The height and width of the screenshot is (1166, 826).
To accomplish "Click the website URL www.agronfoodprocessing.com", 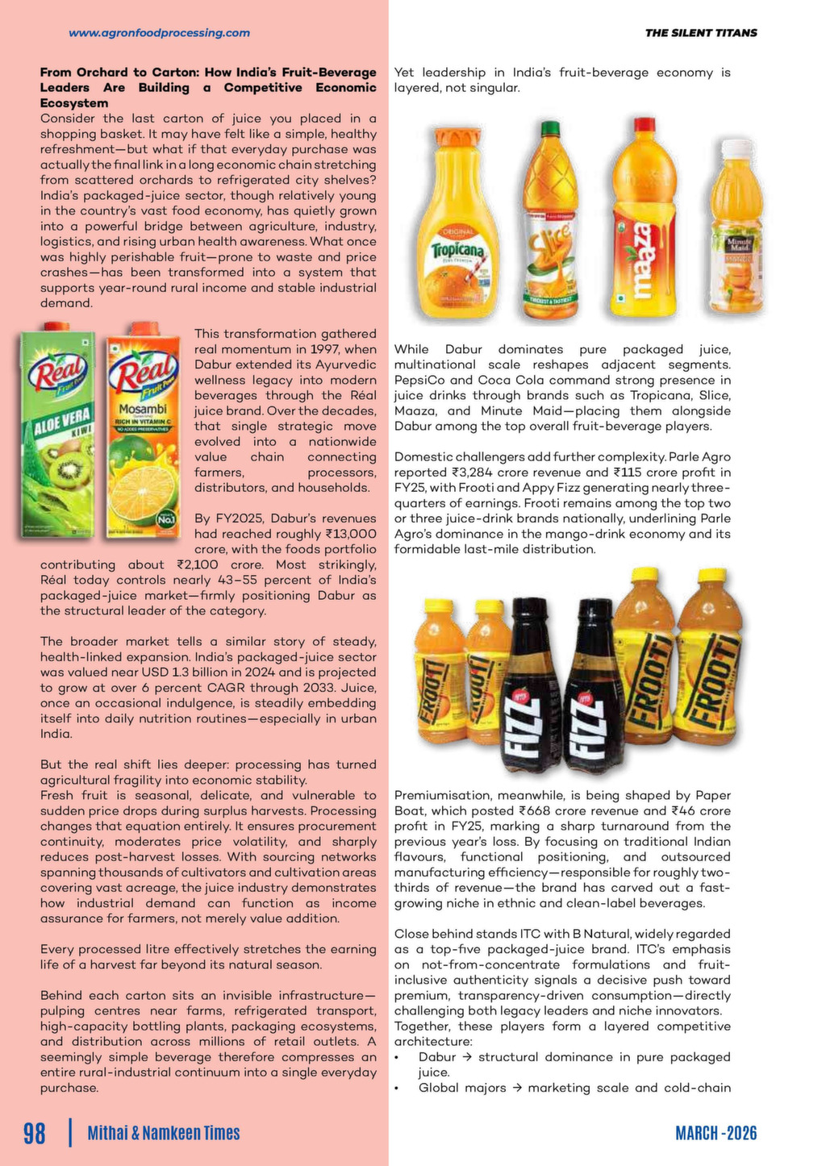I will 159,33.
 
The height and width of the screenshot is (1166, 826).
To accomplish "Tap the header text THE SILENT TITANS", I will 700,33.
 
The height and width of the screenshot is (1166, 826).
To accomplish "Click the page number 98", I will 35,1133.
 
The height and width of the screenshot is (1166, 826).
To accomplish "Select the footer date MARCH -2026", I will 715,1133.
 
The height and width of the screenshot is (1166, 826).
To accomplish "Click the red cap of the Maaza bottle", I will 644,126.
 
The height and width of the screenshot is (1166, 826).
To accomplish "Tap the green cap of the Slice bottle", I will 550,129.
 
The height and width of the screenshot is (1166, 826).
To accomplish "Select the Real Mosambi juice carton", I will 144,431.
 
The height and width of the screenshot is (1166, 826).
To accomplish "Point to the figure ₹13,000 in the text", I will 350,534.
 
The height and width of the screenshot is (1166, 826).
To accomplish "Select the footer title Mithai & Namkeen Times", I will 164,1133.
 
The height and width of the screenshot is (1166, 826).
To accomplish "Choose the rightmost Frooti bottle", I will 707,657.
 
